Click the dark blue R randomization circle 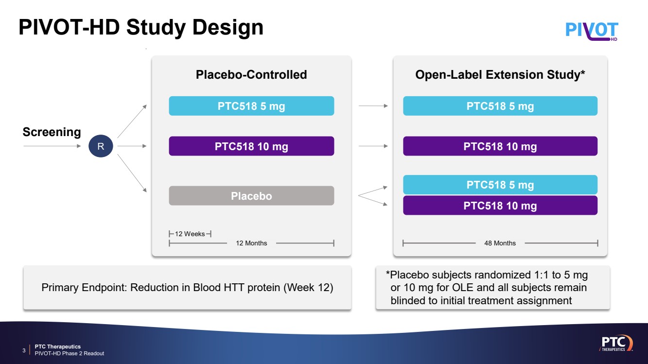(x=101, y=146)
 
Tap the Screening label (x=52, y=132)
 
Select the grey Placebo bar (x=251, y=196)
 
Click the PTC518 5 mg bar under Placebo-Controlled (x=251, y=106)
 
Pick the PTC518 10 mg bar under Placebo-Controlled (x=251, y=146)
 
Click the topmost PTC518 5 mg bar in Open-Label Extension (x=500, y=106)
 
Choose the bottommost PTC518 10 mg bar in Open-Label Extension (x=500, y=205)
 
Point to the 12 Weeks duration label (x=190, y=234)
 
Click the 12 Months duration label (x=251, y=243)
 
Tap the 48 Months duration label (x=500, y=243)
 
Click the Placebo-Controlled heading (x=251, y=74)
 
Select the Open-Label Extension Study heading (x=500, y=74)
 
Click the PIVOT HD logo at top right (x=592, y=31)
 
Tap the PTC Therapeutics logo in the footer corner (x=616, y=343)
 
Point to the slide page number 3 (x=24, y=350)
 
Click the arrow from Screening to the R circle (x=52, y=146)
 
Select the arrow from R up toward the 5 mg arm (x=132, y=121)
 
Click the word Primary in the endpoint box (x=60, y=288)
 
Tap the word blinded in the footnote (x=408, y=300)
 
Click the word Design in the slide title (x=228, y=28)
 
